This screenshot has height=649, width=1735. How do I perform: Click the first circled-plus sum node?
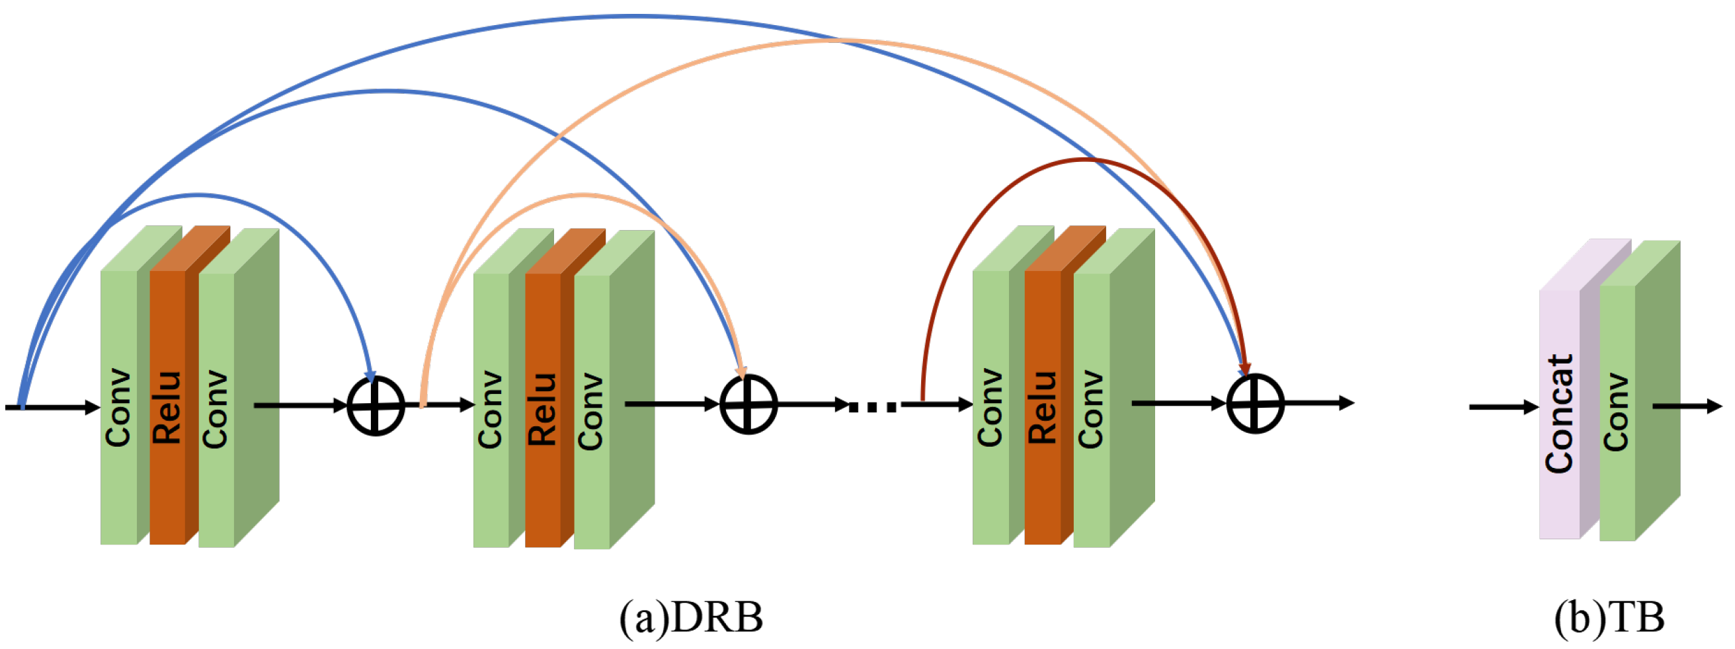[376, 406]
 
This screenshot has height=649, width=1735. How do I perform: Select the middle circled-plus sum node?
[748, 404]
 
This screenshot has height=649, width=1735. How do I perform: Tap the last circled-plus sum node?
[1255, 404]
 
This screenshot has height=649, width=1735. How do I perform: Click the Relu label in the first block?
[168, 407]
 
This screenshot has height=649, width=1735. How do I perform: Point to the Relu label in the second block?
[543, 409]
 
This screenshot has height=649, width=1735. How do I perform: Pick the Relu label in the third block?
[1043, 407]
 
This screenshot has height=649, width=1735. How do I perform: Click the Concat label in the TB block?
[1559, 413]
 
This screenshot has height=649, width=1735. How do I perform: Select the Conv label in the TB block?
[1617, 412]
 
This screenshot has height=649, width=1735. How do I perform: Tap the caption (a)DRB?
[691, 617]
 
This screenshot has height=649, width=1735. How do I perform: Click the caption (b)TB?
[1609, 617]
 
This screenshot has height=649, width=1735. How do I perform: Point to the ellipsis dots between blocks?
[873, 406]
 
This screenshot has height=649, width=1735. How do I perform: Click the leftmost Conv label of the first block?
[118, 407]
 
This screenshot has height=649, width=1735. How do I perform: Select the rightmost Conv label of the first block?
[216, 408]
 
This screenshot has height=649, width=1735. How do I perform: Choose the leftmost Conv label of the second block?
[491, 409]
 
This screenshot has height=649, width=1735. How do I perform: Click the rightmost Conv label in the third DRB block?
[1091, 408]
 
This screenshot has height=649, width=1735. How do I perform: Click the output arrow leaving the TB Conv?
[1687, 406]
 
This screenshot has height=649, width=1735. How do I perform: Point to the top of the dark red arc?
[1083, 159]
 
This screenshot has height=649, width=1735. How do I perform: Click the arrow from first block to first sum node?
[300, 405]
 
